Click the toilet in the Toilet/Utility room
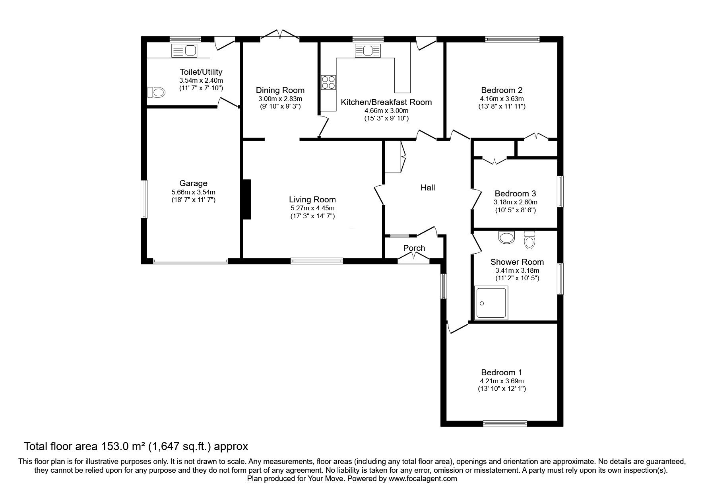(x=156, y=92)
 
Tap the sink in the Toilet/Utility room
(x=184, y=50)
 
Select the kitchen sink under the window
(x=368, y=50)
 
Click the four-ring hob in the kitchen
(x=328, y=82)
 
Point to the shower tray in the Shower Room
(x=491, y=303)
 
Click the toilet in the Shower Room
(x=529, y=240)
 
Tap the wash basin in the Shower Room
(x=506, y=237)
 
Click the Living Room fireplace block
(x=247, y=199)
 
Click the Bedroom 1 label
(x=501, y=373)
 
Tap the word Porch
(x=414, y=248)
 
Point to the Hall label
(x=428, y=187)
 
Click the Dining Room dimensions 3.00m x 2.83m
(x=280, y=99)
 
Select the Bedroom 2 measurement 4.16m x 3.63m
(x=502, y=99)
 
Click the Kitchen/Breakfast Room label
(x=386, y=102)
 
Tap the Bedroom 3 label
(x=515, y=194)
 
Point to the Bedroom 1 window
(x=505, y=424)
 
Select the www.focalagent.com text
(x=423, y=479)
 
